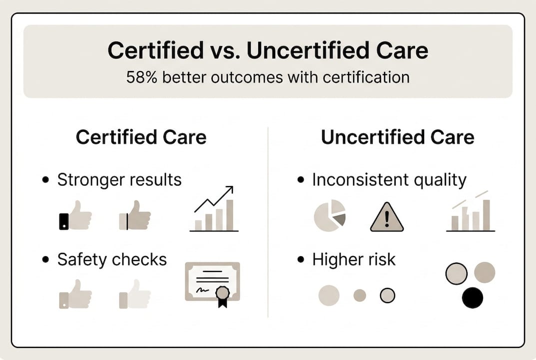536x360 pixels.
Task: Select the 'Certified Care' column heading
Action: pos(141,137)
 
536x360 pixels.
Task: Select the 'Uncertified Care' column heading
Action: pos(397,137)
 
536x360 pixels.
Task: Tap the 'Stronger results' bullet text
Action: pos(119,179)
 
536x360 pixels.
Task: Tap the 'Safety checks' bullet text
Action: pos(112,259)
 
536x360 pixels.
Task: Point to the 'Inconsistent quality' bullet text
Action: pos(389,179)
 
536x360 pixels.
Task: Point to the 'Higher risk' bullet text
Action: pos(354,259)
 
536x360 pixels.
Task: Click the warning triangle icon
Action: pos(387,218)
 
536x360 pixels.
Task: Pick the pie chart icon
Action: pos(330,215)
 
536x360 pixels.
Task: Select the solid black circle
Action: pos(473,298)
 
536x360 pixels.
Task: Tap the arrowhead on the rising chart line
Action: pos(229,190)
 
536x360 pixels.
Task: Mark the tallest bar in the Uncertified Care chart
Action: pos(486,215)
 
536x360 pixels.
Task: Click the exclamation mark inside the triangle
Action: pos(387,219)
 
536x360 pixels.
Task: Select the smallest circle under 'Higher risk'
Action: pos(360,295)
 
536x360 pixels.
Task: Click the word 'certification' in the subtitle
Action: pos(369,78)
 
